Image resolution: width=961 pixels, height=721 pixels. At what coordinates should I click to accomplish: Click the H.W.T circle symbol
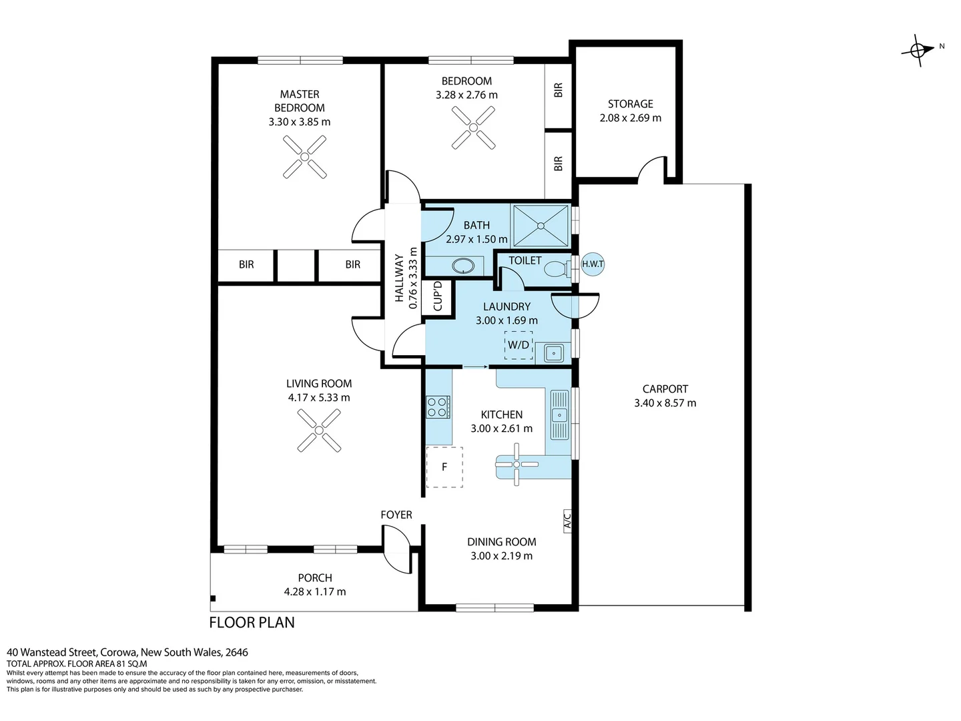click(593, 264)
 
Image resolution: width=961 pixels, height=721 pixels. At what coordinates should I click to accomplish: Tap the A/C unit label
click(567, 520)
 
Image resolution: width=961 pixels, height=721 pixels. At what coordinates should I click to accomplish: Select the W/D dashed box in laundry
click(519, 345)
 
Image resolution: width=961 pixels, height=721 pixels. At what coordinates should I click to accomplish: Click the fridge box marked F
click(444, 467)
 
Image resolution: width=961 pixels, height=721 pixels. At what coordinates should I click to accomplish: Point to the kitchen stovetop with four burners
click(438, 407)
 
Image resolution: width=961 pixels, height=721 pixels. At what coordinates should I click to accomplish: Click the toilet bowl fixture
click(556, 269)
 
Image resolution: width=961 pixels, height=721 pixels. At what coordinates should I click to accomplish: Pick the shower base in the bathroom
click(541, 226)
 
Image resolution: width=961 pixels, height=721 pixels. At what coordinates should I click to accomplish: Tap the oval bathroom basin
click(462, 266)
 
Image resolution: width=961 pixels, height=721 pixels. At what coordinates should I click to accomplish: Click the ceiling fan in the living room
click(318, 429)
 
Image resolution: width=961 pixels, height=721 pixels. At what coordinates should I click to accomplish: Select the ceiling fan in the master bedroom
click(304, 157)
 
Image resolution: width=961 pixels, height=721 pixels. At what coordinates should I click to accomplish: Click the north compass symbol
click(918, 50)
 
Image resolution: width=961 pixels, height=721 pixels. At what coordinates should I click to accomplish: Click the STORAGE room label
click(630, 104)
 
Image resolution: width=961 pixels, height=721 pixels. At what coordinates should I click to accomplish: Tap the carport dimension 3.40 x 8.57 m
click(665, 403)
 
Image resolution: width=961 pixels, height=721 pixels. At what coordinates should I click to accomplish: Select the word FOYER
click(396, 515)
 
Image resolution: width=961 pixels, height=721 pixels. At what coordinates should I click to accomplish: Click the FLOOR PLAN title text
click(252, 623)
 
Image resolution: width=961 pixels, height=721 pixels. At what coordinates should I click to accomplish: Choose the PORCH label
click(315, 578)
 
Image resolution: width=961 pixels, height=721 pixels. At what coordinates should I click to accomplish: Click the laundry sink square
click(553, 352)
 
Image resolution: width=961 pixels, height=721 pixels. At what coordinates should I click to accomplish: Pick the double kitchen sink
click(559, 415)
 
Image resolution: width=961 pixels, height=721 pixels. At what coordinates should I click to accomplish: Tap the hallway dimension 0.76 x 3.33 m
click(413, 278)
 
